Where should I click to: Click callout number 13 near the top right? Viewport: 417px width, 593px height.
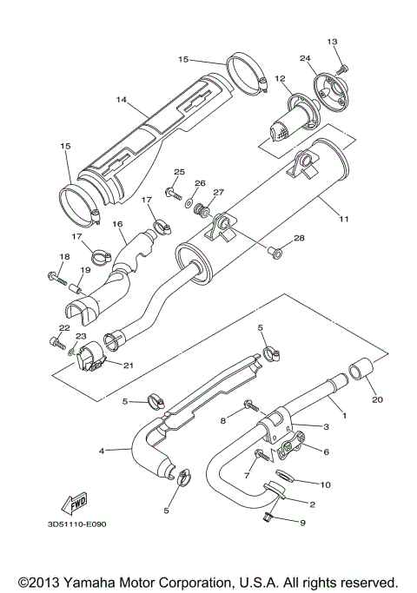coord(332,42)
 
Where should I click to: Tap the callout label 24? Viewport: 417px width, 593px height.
coord(305,59)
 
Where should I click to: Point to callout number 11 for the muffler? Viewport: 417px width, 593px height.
coord(344,219)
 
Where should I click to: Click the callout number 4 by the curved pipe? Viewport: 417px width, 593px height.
coord(103,451)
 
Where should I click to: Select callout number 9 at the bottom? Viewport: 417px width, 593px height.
coord(303,523)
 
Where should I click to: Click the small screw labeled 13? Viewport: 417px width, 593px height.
coord(342,67)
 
